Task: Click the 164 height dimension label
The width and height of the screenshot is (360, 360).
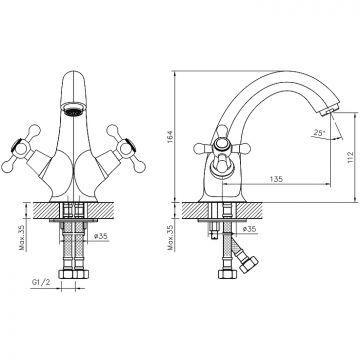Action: (x=169, y=137)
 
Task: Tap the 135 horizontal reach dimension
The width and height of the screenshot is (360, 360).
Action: (x=276, y=179)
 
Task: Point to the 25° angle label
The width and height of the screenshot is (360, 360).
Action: (x=319, y=132)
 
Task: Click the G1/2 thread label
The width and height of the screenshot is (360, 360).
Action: (x=41, y=283)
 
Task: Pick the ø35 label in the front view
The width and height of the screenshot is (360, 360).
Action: (x=100, y=236)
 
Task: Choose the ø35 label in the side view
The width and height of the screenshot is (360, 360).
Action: (x=249, y=229)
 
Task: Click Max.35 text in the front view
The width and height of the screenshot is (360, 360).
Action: (x=22, y=237)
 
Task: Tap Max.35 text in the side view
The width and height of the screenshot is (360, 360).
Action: (x=171, y=237)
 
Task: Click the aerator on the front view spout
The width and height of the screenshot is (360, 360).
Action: (x=72, y=109)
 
